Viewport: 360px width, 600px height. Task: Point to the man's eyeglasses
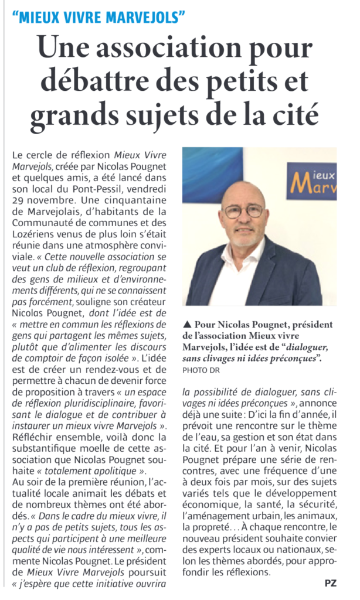(x=243, y=210)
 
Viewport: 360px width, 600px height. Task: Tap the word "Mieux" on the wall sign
(x=322, y=174)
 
